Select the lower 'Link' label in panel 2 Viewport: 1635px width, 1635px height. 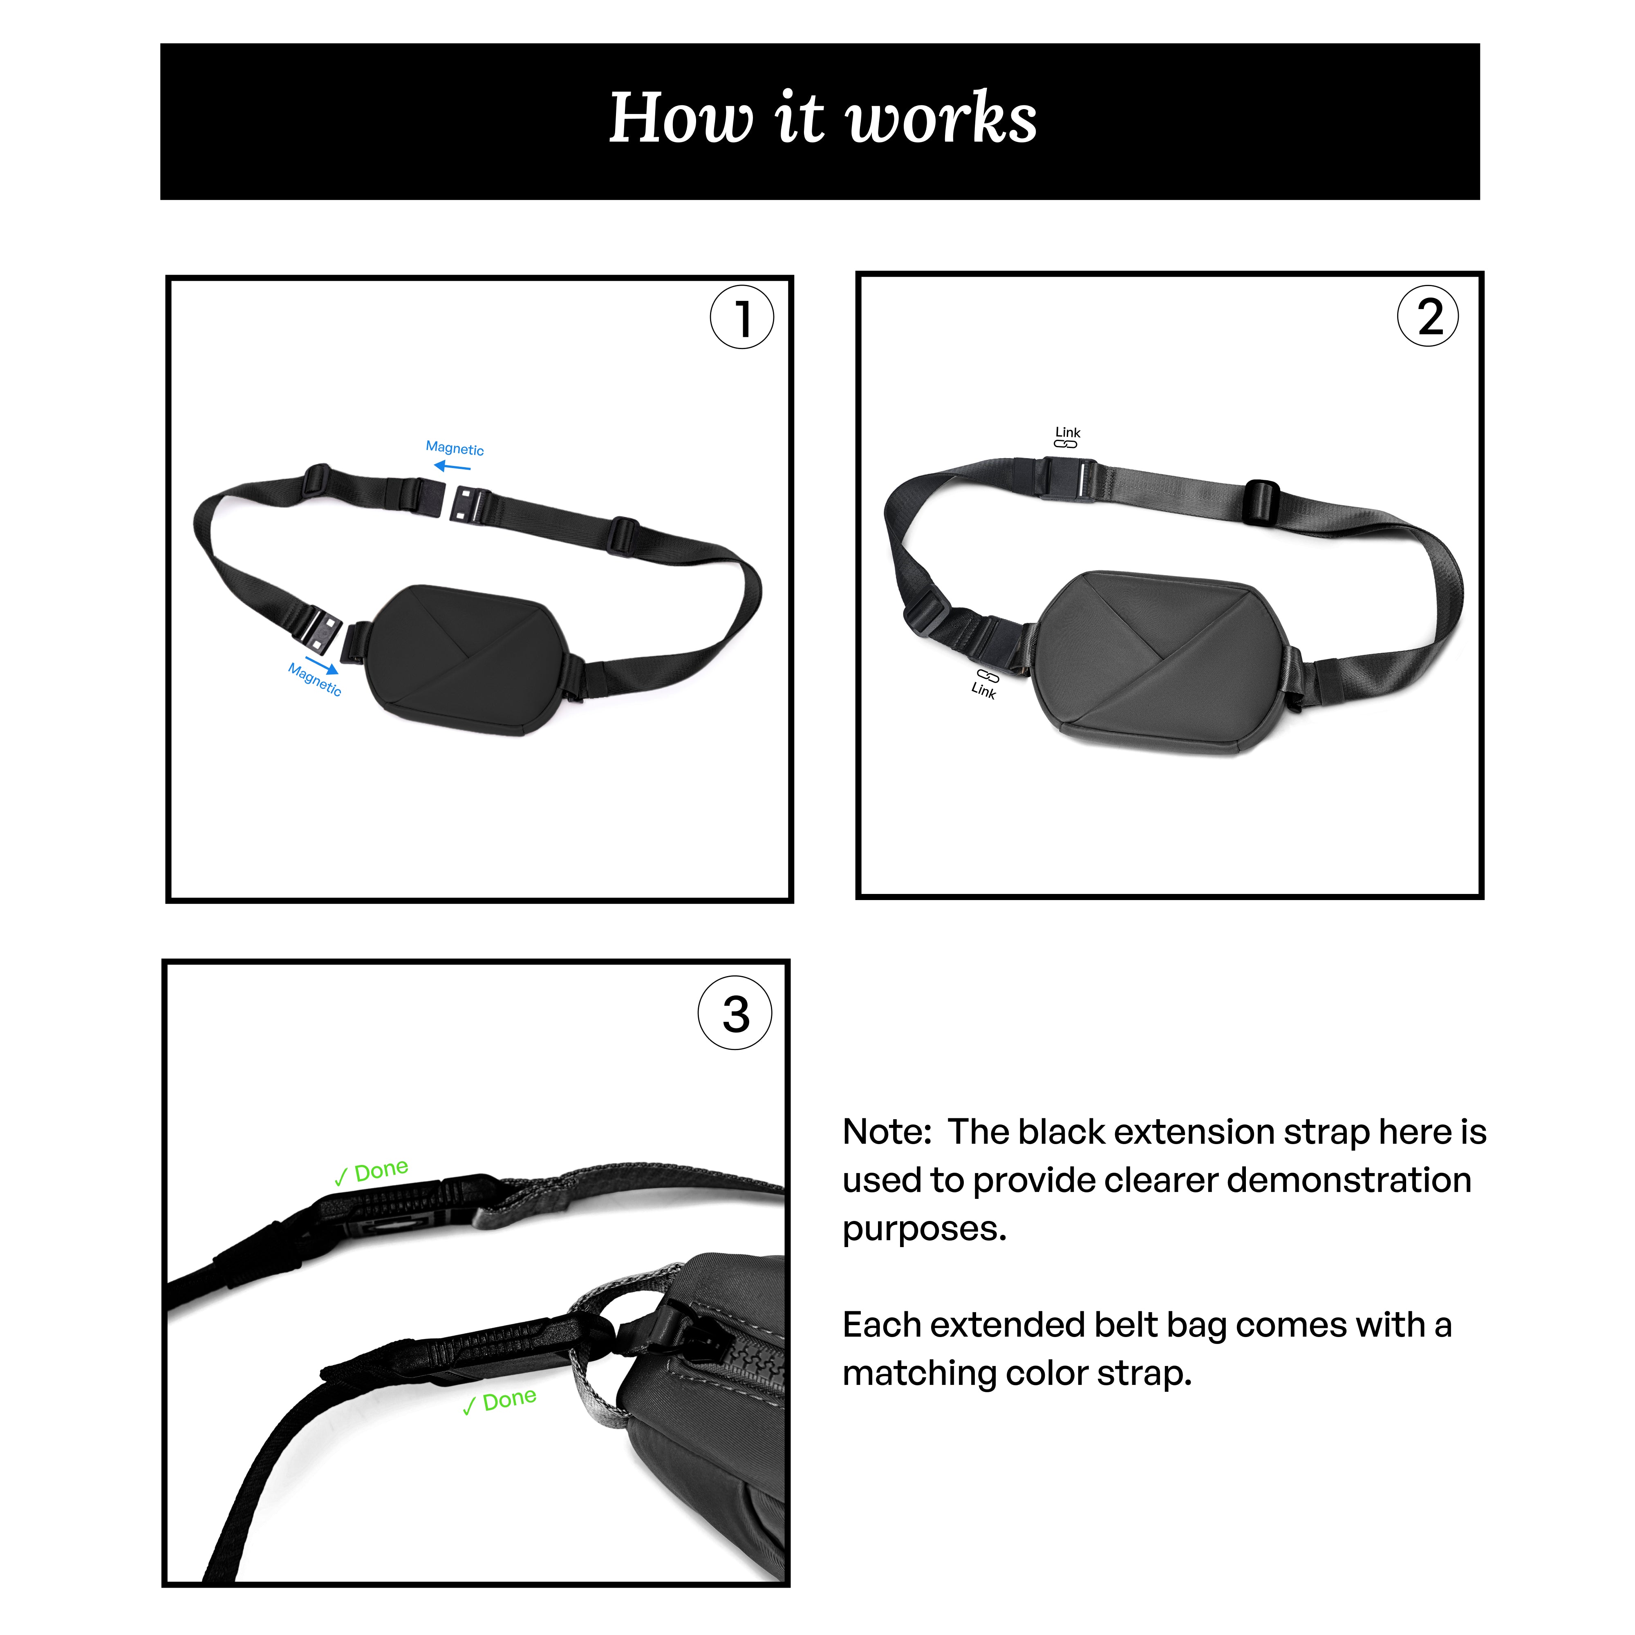click(x=983, y=690)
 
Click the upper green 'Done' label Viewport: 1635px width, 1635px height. click(x=381, y=1170)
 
